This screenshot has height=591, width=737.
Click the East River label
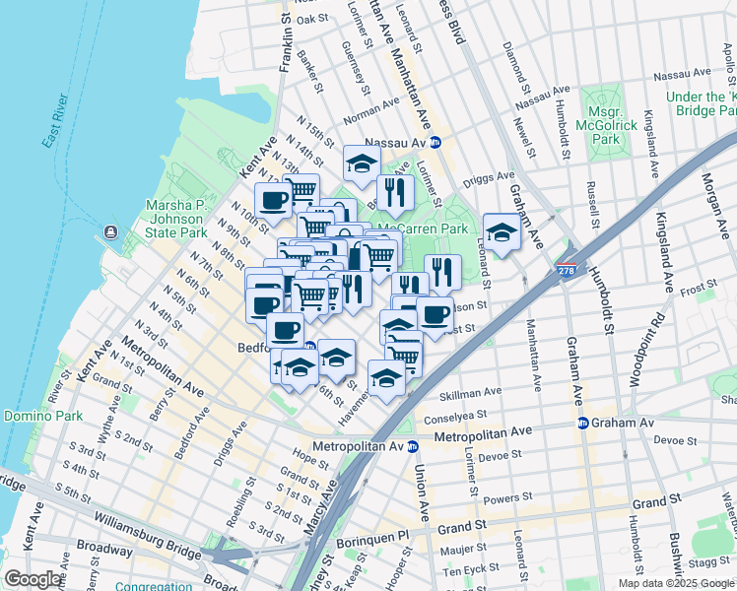[60, 126]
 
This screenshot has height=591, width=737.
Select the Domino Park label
[42, 416]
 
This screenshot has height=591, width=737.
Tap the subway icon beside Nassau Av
[435, 143]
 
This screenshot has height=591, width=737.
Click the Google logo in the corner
[33, 580]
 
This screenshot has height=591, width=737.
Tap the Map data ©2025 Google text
[674, 583]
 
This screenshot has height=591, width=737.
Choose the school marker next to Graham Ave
[502, 233]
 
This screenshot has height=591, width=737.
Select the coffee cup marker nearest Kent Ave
[275, 200]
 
